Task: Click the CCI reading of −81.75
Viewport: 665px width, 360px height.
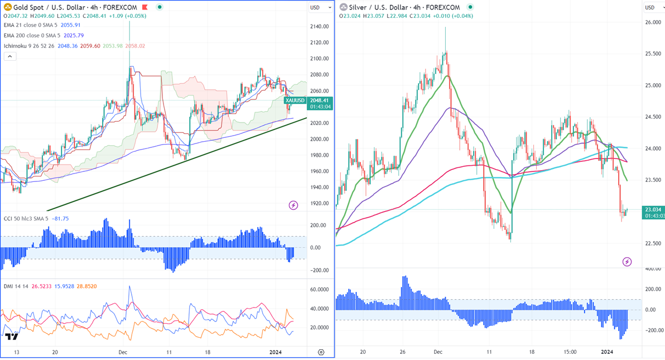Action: point(60,219)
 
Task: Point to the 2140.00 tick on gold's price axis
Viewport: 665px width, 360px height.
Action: point(319,26)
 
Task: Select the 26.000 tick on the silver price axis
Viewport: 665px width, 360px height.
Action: point(653,22)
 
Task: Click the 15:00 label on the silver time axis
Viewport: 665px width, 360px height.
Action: point(570,352)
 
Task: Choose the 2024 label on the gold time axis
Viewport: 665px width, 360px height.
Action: point(276,352)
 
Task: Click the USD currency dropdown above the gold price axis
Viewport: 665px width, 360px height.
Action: point(320,8)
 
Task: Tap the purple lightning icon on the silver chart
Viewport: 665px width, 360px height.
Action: point(627,262)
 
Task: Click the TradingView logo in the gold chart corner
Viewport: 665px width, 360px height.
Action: point(11,336)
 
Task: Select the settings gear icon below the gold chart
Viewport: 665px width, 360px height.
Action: point(321,352)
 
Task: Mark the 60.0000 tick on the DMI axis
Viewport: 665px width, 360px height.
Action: point(319,290)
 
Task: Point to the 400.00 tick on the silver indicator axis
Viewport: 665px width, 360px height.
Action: point(653,269)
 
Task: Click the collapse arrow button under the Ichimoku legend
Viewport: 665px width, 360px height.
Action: point(9,56)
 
